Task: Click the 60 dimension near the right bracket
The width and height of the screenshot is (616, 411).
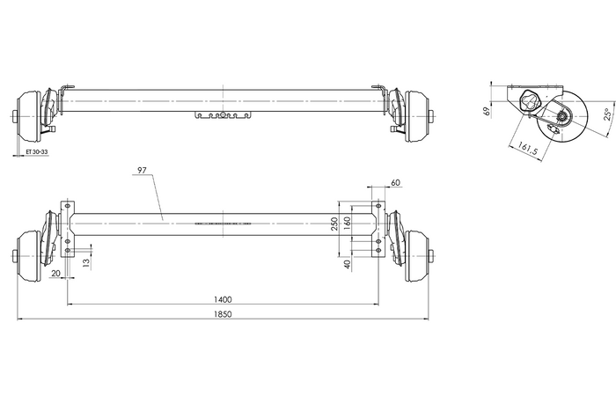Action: pyautogui.click(x=394, y=182)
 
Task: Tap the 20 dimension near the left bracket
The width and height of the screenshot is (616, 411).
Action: pyautogui.click(x=56, y=274)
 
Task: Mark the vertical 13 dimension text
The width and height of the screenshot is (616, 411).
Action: pyautogui.click(x=85, y=262)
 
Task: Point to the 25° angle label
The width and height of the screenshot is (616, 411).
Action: pyautogui.click(x=607, y=114)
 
